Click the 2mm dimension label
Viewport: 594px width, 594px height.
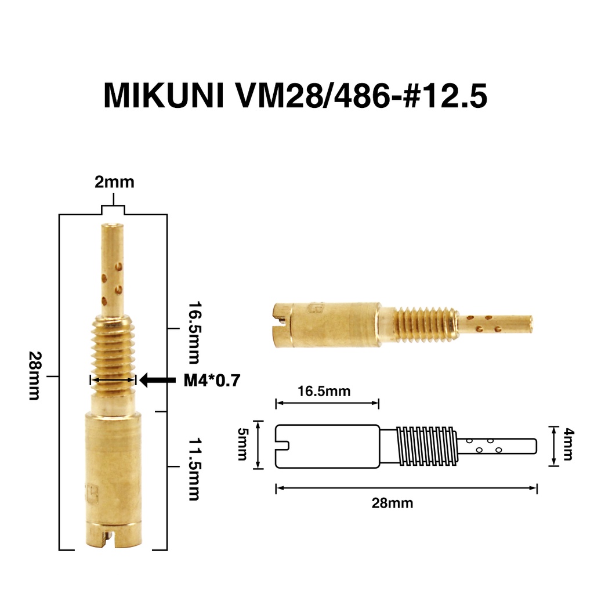(114, 182)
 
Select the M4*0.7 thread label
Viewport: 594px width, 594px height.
(212, 381)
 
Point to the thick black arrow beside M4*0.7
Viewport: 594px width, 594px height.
(158, 380)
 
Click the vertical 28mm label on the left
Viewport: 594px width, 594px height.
(35, 376)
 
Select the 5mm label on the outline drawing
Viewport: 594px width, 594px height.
(242, 444)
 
